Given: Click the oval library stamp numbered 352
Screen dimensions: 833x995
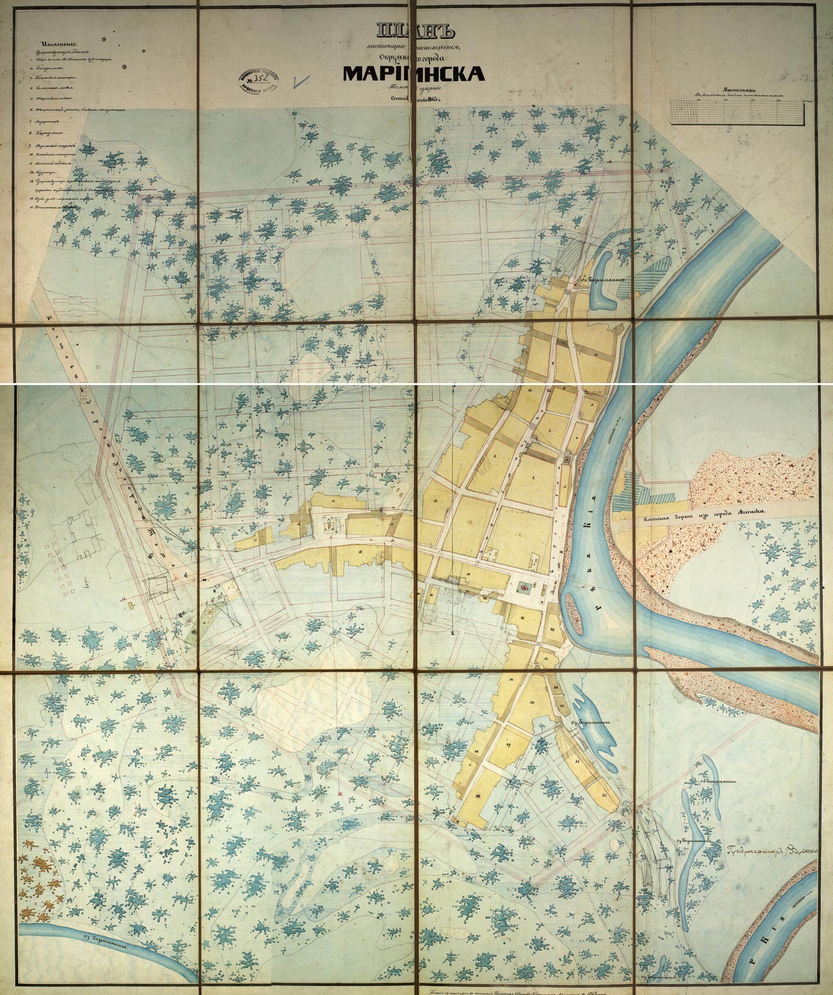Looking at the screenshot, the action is (x=258, y=81).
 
